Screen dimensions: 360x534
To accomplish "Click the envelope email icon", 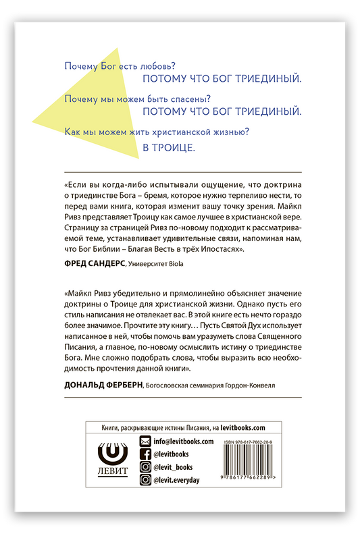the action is click(x=144, y=442).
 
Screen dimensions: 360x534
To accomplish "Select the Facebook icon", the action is click(x=144, y=454).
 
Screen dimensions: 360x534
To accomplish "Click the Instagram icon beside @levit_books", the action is click(x=144, y=467).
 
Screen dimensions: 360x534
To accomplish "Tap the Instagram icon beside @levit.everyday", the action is click(x=144, y=480).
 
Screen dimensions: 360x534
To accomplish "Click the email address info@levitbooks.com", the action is click(x=183, y=442).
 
